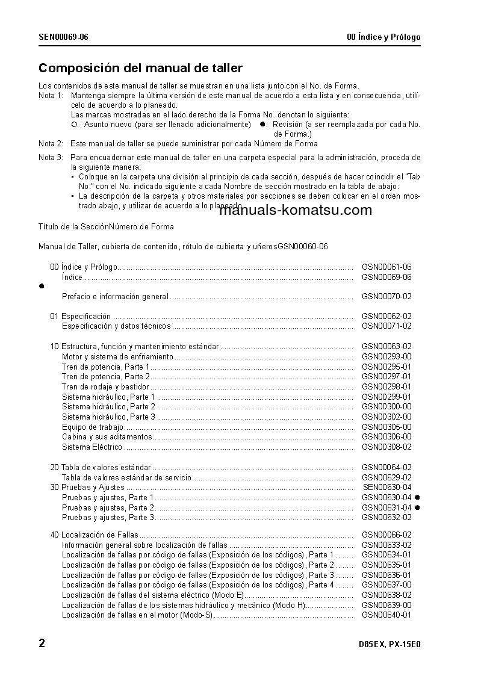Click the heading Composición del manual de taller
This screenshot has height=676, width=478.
click(140, 69)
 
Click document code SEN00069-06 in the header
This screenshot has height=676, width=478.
click(63, 37)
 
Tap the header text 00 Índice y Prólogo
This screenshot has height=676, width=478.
click(383, 37)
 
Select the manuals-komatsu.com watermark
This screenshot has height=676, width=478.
click(296, 210)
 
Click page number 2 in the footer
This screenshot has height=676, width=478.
click(42, 643)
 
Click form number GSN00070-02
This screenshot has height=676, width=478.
click(386, 297)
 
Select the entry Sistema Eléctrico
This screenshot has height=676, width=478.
click(92, 447)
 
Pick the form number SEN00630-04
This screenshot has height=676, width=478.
click(387, 488)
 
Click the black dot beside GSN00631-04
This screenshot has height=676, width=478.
click(417, 507)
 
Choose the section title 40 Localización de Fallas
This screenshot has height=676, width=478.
click(94, 535)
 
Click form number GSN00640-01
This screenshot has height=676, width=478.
click(386, 615)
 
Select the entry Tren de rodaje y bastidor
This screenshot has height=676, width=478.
click(105, 387)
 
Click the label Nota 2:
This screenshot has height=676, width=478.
click(51, 144)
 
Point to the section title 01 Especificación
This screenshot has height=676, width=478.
click(80, 316)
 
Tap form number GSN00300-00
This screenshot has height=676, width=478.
click(386, 407)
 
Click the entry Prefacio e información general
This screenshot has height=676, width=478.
click(115, 297)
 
